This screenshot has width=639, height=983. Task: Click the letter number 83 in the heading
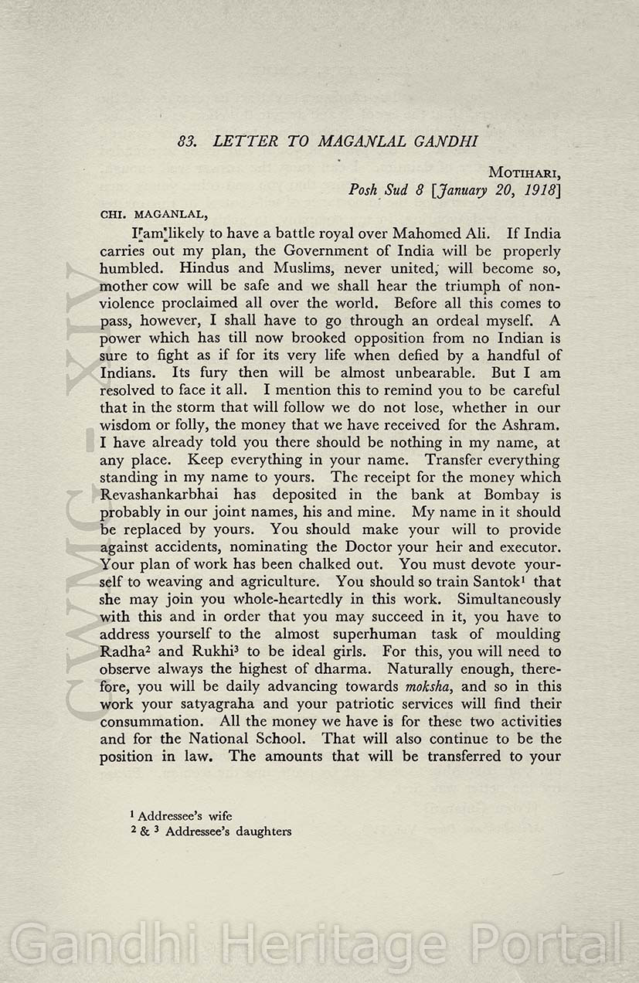point(185,141)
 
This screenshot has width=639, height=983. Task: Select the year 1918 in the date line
point(539,189)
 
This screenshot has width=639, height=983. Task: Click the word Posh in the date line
point(362,189)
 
